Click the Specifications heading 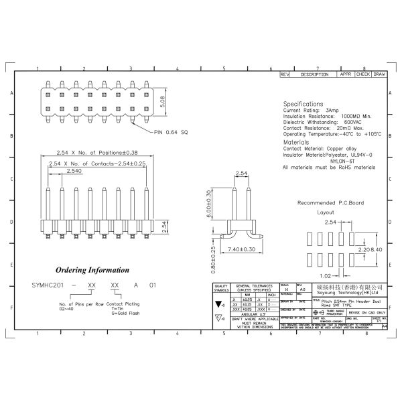tap(303, 105)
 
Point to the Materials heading tap(296, 143)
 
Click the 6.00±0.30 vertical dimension tap(209, 205)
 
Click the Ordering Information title tap(92, 270)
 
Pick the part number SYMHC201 tap(48, 285)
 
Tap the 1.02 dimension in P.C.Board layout tap(325, 275)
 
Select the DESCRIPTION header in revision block tap(314, 74)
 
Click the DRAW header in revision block tap(379, 74)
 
